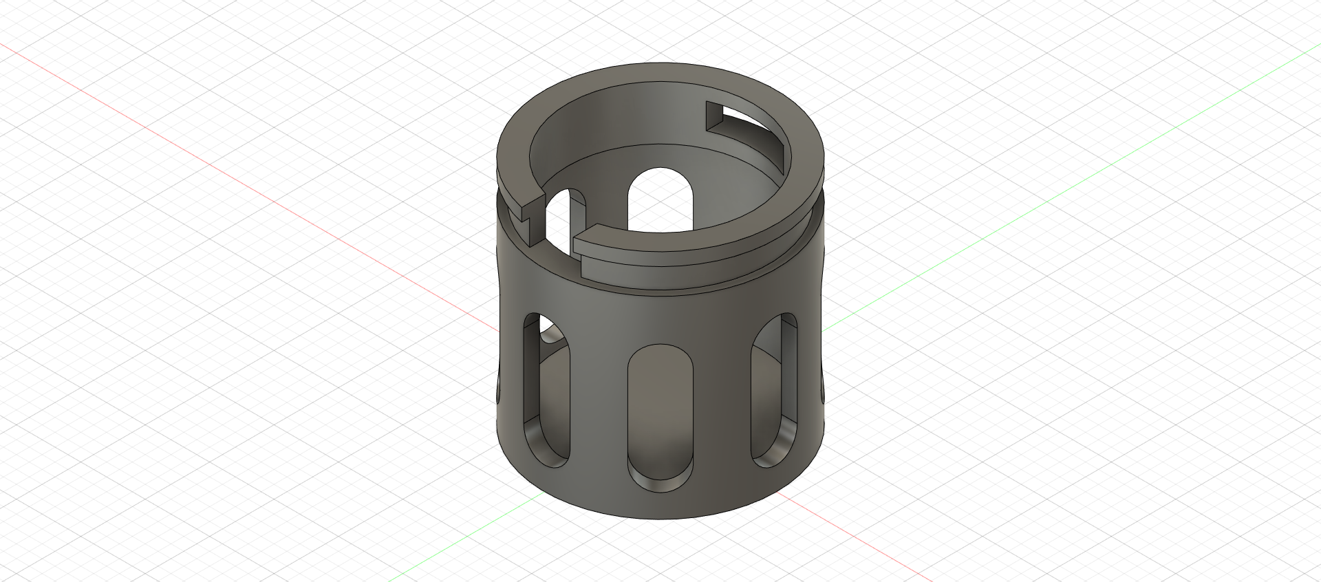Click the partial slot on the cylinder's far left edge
click(498, 385)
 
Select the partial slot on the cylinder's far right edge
click(823, 385)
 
